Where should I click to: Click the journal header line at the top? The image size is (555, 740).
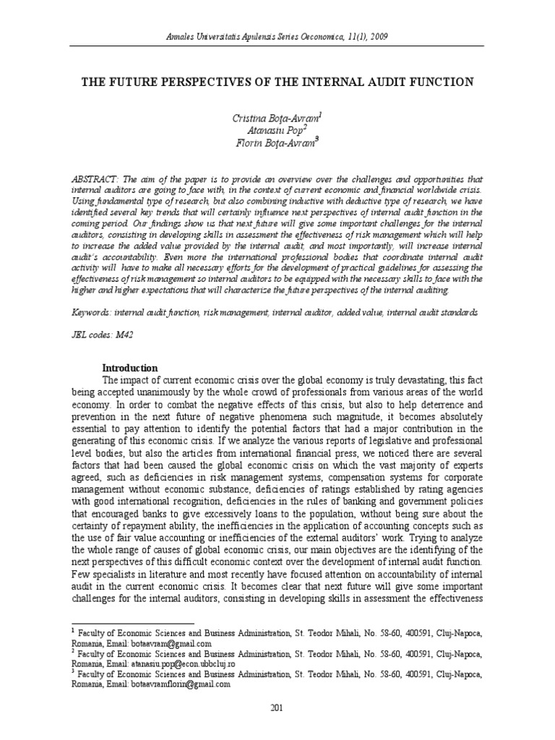click(x=277, y=37)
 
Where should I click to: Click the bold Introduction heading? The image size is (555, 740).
click(x=129, y=368)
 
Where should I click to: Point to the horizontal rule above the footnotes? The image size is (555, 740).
click(x=133, y=623)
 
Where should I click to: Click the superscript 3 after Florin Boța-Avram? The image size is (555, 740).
click(x=317, y=139)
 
